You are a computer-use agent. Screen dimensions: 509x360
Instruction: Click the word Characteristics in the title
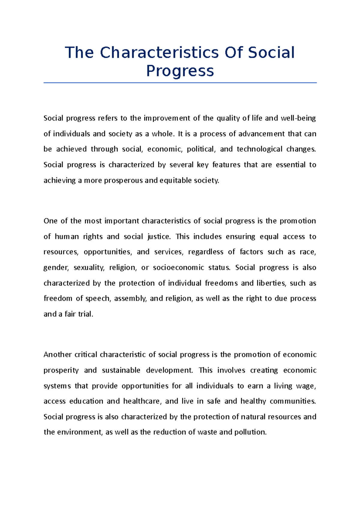[159, 52]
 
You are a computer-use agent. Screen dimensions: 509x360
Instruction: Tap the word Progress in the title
[180, 71]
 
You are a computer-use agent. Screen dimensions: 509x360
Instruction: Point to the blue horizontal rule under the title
[180, 83]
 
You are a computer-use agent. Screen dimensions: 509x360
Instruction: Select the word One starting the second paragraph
[50, 221]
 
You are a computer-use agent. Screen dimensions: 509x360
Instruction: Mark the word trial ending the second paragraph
[85, 314]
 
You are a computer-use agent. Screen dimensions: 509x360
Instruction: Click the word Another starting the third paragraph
[57, 355]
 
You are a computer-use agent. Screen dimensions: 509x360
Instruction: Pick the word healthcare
[142, 401]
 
